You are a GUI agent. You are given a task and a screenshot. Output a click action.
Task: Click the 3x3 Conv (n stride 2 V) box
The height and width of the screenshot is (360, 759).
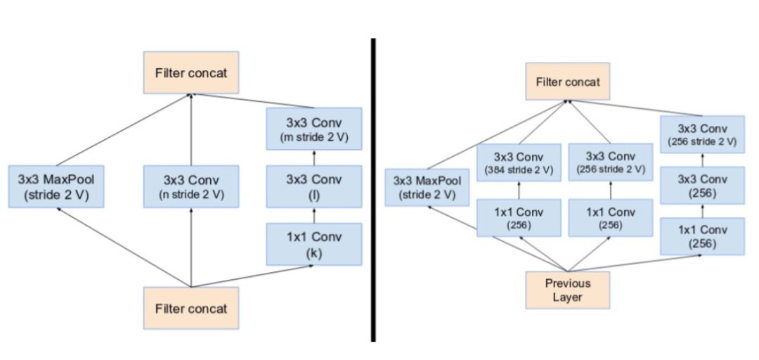pyautogui.click(x=190, y=186)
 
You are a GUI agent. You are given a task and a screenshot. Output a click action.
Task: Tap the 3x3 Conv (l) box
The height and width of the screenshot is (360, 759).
pyautogui.click(x=314, y=186)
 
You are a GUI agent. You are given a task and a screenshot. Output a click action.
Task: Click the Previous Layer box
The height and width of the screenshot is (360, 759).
pyautogui.click(x=568, y=290)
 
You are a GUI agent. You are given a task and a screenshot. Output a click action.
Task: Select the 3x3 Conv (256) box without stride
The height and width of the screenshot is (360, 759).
pyautogui.click(x=702, y=186)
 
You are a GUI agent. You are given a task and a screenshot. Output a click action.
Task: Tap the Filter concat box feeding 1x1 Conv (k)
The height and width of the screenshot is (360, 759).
pyautogui.click(x=191, y=308)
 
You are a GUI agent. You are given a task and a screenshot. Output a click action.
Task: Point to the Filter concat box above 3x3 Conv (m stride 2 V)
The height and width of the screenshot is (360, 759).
pyautogui.click(x=191, y=72)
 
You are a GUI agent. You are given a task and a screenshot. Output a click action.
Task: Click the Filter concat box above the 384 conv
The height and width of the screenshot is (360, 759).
pyautogui.click(x=568, y=82)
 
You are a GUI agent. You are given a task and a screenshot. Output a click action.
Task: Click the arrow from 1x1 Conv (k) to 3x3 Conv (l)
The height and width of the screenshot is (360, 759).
pyautogui.click(x=314, y=215)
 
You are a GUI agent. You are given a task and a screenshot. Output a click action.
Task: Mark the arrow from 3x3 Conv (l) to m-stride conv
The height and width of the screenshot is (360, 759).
pyautogui.click(x=314, y=157)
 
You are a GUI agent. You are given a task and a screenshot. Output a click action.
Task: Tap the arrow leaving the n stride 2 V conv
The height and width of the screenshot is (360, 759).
pyautogui.click(x=190, y=130)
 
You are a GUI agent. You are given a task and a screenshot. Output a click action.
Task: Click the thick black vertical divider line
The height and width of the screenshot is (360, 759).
pyautogui.click(x=372, y=190)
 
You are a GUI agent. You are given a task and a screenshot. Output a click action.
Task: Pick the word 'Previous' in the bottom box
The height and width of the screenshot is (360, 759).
pyautogui.click(x=568, y=283)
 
